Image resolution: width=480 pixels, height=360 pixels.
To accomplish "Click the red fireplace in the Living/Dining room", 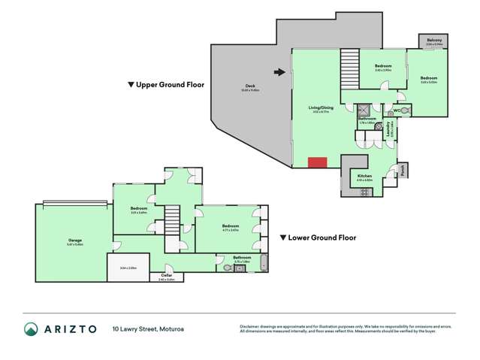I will coord(317,162).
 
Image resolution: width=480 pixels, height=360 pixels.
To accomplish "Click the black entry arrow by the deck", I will coord(279,72).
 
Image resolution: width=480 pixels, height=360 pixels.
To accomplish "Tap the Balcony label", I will coord(434,41).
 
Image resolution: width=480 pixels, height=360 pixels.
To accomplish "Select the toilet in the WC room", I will coord(404,110).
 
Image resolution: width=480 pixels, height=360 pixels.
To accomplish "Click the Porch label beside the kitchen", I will coord(403,170).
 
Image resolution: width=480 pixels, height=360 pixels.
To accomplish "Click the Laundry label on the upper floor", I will coord(389,132).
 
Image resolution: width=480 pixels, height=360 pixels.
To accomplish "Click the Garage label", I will coord(74,241).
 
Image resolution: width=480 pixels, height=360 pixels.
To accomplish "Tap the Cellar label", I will coord(167,275).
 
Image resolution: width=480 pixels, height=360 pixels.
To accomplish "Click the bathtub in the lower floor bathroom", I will coord(263,264).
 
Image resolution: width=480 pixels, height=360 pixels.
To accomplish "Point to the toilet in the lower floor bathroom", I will coord(227,267).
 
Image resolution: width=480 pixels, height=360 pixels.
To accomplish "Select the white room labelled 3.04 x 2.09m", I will coord(128,267).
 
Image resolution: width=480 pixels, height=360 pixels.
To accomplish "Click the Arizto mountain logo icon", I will coord(31,328).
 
